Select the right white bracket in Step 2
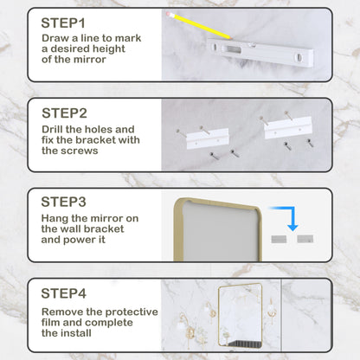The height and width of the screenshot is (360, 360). point(286,130)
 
